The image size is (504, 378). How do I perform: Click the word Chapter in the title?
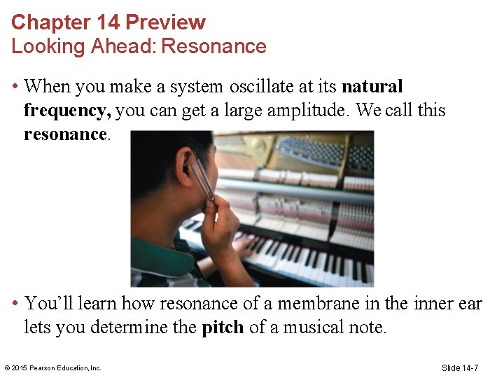(41, 22)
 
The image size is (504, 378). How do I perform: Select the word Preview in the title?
(165, 22)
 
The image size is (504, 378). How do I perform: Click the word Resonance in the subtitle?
(223, 47)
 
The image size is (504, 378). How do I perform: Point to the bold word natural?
(372, 87)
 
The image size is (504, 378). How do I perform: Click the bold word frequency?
(66, 111)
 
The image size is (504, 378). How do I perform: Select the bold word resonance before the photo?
(65, 134)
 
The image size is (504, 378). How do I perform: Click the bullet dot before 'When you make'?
(14, 87)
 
